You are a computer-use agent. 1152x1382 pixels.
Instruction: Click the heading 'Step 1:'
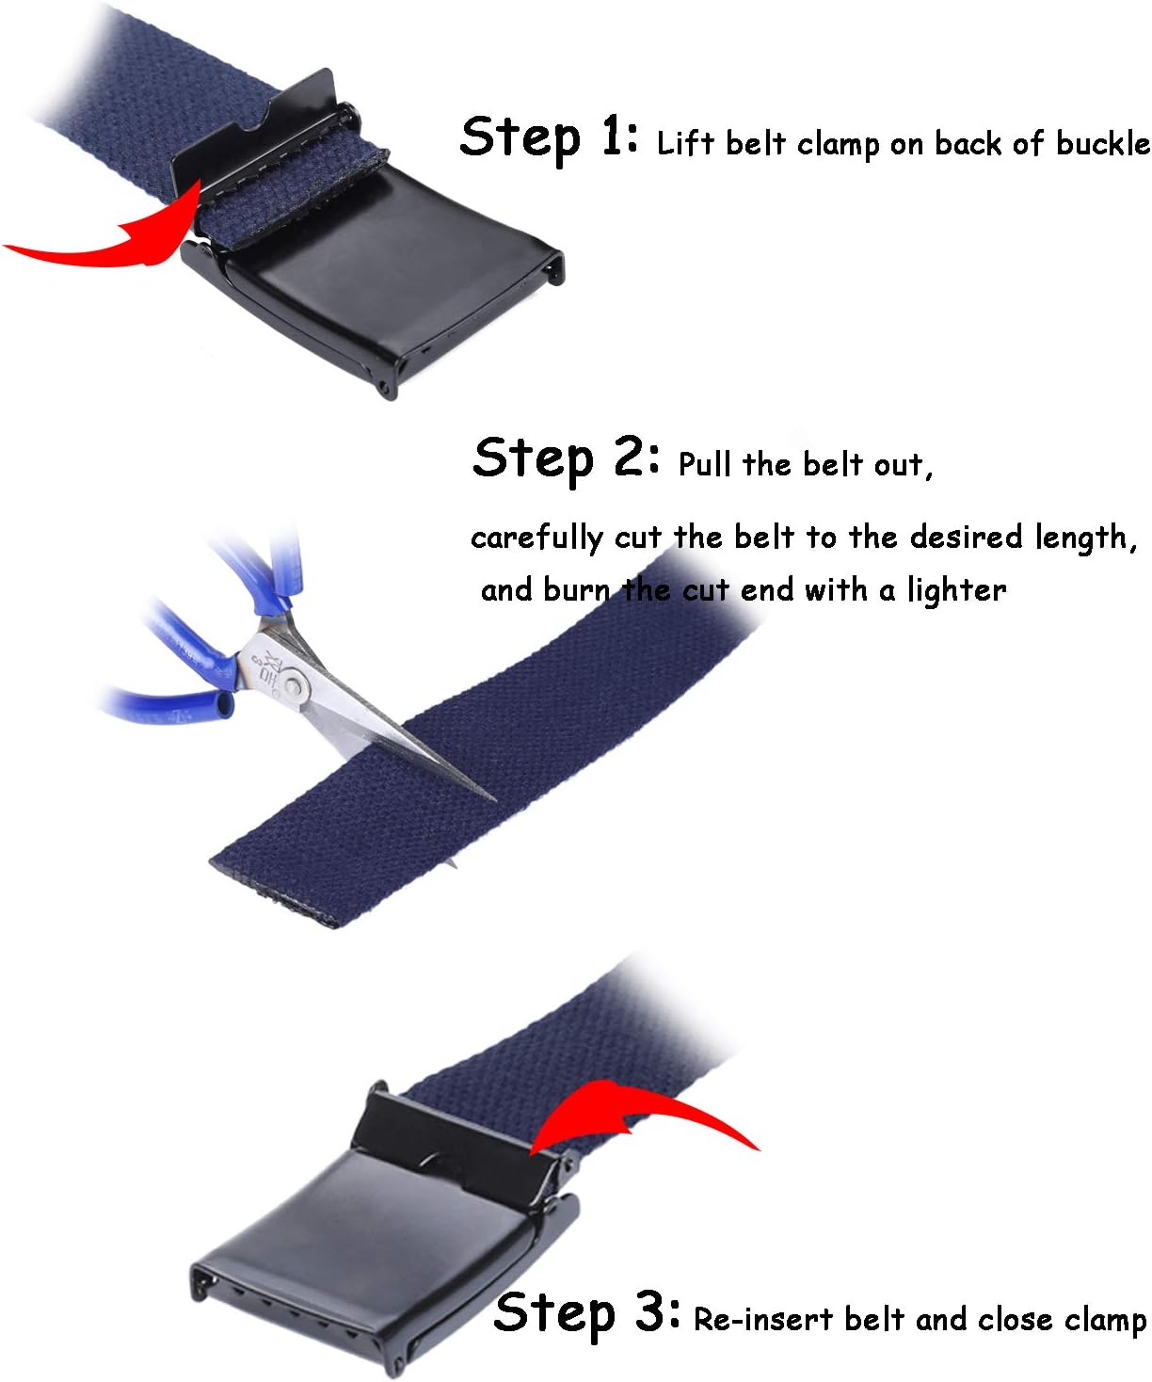549,137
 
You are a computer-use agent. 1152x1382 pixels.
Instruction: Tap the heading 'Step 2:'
565,458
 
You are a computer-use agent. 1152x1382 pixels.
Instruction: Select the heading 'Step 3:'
586,1312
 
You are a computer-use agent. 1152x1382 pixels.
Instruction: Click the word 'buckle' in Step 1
1102,143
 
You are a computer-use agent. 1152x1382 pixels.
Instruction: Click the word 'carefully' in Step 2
536,538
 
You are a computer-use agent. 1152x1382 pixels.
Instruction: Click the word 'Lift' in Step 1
686,143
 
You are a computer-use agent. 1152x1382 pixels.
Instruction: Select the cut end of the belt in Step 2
273,894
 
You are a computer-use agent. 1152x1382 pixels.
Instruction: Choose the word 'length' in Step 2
1082,538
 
